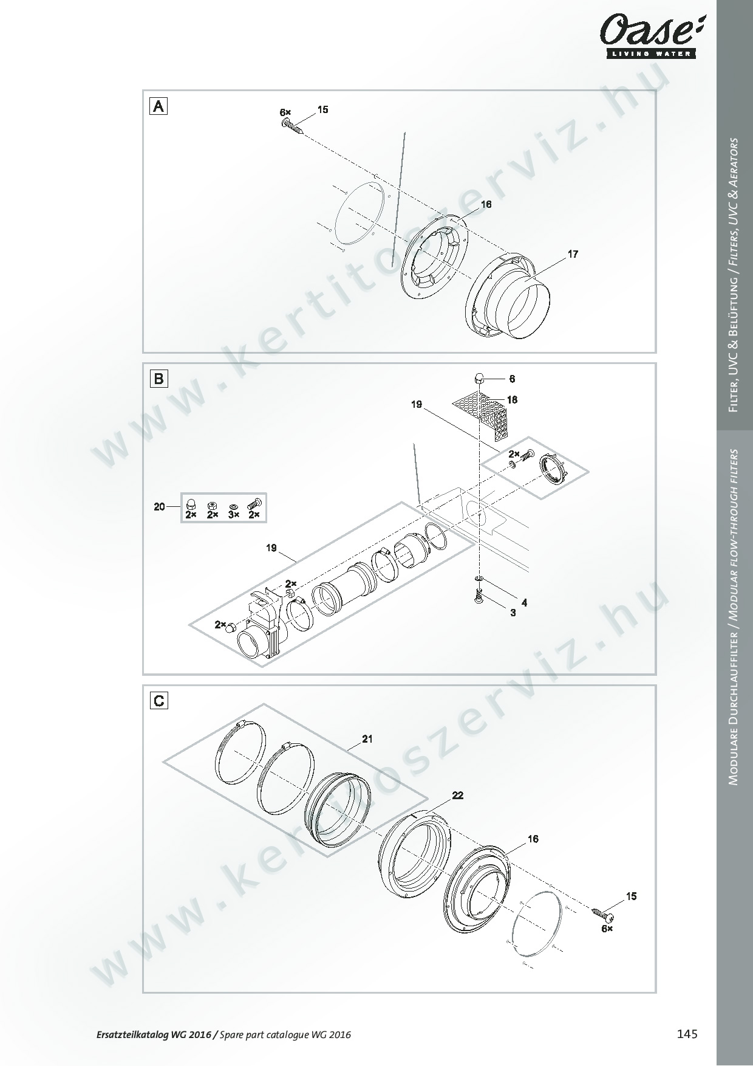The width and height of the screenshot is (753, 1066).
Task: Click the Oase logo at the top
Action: pyautogui.click(x=650, y=37)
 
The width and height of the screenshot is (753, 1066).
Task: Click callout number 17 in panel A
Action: pyautogui.click(x=573, y=254)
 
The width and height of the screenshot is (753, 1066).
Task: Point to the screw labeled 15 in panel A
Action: pyautogui.click(x=292, y=126)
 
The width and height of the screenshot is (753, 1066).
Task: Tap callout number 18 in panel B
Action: pyautogui.click(x=512, y=400)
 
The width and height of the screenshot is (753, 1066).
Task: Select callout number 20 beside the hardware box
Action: pyautogui.click(x=159, y=506)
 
